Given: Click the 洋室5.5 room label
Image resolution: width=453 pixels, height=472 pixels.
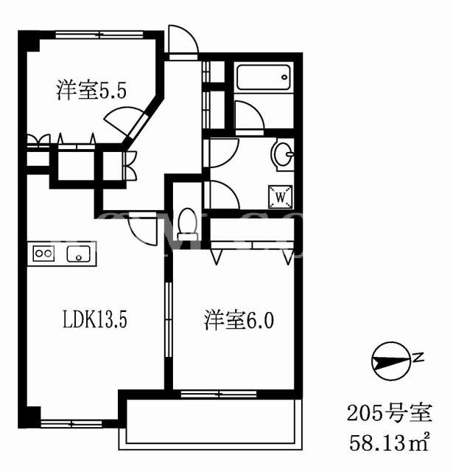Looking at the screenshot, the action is (91, 90).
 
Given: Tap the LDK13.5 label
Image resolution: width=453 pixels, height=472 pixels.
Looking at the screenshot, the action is (95, 319).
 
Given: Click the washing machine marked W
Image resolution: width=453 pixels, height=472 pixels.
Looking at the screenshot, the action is (281, 197).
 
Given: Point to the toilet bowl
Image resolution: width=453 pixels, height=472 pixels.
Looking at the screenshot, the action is (188, 224).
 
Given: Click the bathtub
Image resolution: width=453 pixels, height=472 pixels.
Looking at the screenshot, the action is (264, 77).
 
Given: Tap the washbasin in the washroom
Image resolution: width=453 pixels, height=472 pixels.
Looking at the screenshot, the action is (283, 154).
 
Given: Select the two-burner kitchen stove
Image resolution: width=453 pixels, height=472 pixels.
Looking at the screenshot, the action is (43, 253).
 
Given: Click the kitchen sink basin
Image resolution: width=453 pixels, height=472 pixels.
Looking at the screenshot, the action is (79, 254).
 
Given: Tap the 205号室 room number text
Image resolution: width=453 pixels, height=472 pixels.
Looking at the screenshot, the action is (390, 413).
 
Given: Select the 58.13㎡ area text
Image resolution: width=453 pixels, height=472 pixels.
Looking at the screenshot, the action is (389, 442).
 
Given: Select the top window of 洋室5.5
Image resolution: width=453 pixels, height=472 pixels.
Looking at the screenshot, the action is (99, 35).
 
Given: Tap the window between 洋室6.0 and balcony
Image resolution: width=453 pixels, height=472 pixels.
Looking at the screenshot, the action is (219, 394).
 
